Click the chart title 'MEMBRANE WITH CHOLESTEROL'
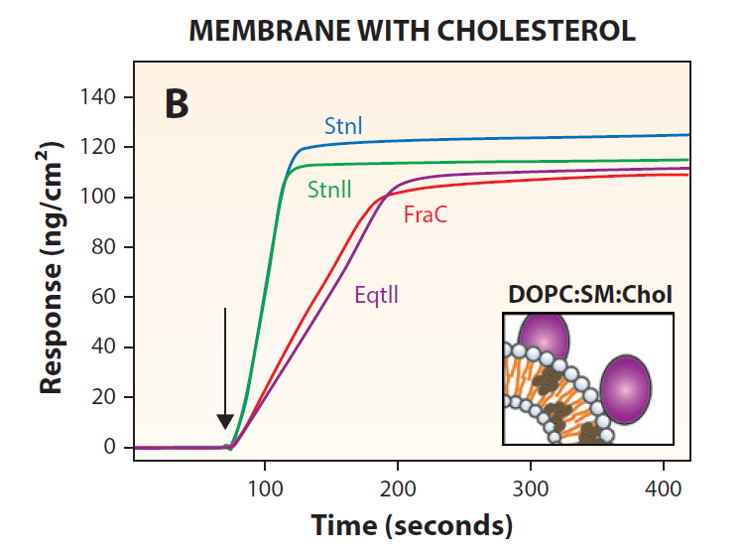click(412, 31)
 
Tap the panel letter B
click(176, 103)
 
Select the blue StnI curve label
click(343, 126)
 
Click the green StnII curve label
click(329, 188)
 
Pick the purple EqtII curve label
click(376, 294)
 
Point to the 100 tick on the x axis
click(264, 488)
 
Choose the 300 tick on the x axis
click(531, 488)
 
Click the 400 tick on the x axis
click(664, 488)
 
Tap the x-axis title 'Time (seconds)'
click(412, 525)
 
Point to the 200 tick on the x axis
click(397, 488)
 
